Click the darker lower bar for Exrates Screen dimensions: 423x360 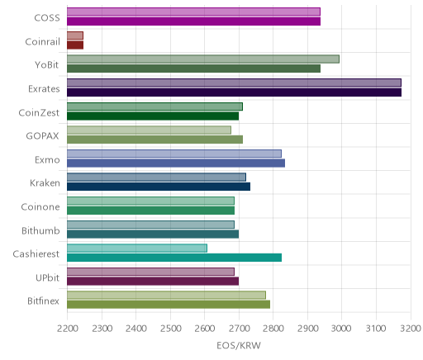pyautogui.click(x=234, y=92)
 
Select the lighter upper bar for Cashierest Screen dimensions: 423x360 pyautogui.click(x=137, y=249)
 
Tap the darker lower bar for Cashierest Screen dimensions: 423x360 pyautogui.click(x=174, y=258)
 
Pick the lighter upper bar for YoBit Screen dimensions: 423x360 pyautogui.click(x=203, y=59)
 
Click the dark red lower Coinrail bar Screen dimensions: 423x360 pyautogui.click(x=75, y=45)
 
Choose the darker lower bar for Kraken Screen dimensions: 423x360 pyautogui.click(x=159, y=187)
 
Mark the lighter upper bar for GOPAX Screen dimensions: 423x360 pyautogui.click(x=149, y=130)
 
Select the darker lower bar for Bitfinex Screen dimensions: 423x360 pyautogui.click(x=169, y=305)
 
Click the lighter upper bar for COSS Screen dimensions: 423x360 pyautogui.click(x=193, y=12)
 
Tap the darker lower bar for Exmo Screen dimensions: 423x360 pyautogui.click(x=176, y=163)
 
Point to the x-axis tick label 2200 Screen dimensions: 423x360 pyautogui.click(x=67, y=329)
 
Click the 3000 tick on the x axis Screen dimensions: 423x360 pyautogui.click(x=341, y=329)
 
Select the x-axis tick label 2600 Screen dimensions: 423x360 pyautogui.click(x=204, y=329)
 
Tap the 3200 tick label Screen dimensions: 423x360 pyautogui.click(x=411, y=329)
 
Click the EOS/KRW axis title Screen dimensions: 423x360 pyautogui.click(x=239, y=346)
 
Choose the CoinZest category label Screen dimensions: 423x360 pyautogui.click(x=39, y=113)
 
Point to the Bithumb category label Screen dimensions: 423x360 pyautogui.click(x=40, y=230)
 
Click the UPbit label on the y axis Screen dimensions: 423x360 pyautogui.click(x=47, y=277)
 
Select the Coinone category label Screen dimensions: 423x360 pyautogui.click(x=40, y=207)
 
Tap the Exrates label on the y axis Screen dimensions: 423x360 pyautogui.click(x=44, y=89)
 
